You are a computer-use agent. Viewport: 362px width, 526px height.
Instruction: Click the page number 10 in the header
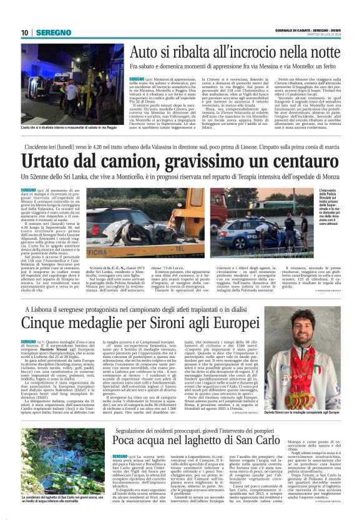[x=24, y=32]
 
